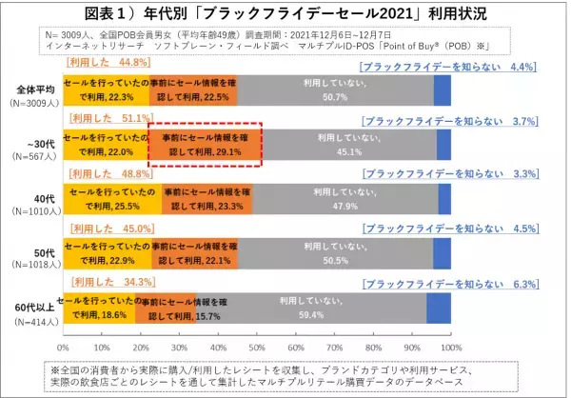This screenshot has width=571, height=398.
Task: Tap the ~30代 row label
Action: tap(33, 143)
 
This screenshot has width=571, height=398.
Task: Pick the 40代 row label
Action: tap(33, 197)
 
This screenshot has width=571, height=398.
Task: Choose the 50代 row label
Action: tap(33, 251)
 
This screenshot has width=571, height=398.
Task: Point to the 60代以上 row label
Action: tap(32, 308)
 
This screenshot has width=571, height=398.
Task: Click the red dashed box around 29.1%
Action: tap(205, 144)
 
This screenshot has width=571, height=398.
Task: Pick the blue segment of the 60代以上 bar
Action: tap(439, 307)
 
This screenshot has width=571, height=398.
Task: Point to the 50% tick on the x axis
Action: tap(257, 334)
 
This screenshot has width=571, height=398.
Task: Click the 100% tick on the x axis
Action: tap(450, 334)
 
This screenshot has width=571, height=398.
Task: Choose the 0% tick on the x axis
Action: tap(64, 334)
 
